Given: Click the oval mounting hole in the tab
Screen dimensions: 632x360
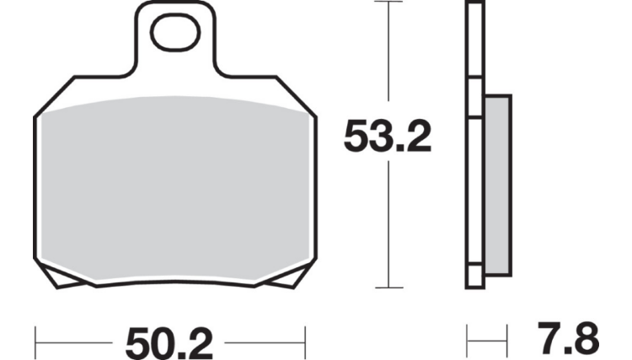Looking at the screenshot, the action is click(175, 32).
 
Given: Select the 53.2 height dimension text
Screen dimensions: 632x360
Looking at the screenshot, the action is click(388, 136).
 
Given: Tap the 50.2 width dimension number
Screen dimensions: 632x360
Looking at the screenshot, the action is click(169, 344).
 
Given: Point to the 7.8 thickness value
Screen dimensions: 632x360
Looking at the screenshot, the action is click(569, 338).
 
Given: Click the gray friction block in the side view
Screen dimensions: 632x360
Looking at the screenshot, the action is click(498, 185).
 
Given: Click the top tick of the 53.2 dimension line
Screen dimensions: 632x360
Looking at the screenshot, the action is click(388, 2).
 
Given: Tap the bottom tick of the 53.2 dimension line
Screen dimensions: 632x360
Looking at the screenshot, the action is click(389, 287).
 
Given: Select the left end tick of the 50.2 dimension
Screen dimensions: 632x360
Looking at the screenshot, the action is click(35, 342).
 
